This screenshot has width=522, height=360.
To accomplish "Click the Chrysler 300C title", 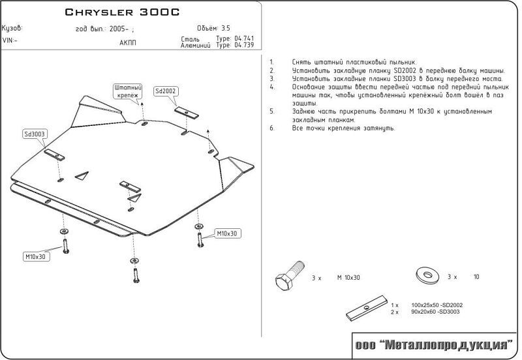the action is (122, 12).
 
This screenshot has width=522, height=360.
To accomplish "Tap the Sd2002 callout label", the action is (166, 91).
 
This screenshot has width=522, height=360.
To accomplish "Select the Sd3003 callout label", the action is (35, 134).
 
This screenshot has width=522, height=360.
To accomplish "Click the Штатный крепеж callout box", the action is (128, 91).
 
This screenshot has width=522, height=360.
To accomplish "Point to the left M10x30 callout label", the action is (36, 256).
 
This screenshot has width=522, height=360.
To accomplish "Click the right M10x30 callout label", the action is (227, 233).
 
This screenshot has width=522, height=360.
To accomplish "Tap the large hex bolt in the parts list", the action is (289, 276).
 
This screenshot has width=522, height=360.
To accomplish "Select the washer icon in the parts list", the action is (427, 275).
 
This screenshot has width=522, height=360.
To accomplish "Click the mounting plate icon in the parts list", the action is (367, 307).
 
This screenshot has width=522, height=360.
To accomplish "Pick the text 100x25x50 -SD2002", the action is (437, 305).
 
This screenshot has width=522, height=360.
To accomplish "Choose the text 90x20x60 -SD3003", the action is (435, 312).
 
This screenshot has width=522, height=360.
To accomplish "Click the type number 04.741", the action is (244, 38).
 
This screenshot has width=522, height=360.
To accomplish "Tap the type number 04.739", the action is (244, 45).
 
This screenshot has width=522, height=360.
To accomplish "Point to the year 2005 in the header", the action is (119, 29).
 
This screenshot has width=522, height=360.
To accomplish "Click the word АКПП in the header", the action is (128, 43).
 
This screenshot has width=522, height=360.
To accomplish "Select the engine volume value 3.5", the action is (226, 28).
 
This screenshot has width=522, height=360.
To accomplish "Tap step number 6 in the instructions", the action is (272, 128).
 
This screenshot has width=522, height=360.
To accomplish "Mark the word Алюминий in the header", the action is (195, 46).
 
